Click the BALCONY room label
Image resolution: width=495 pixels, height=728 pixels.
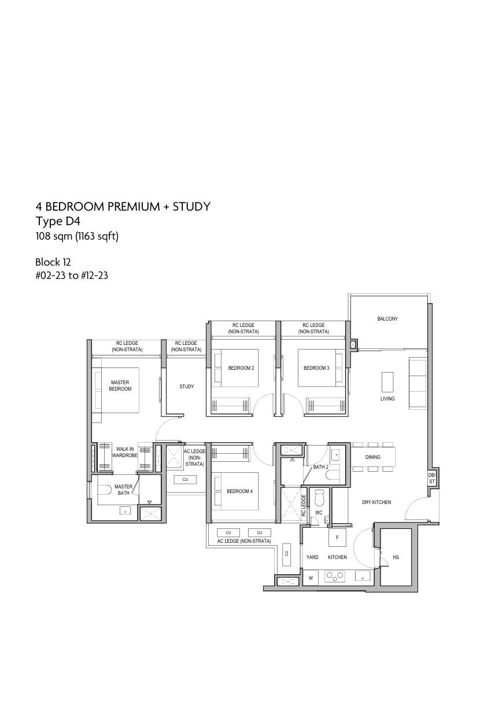coord(387,319)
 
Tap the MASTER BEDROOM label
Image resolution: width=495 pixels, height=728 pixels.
coord(120,385)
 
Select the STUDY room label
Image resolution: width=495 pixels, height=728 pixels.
coord(186,387)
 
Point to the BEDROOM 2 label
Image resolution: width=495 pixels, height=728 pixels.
coord(241,368)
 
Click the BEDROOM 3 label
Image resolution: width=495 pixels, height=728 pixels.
coord(316,368)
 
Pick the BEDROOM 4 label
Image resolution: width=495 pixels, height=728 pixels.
coord(239,491)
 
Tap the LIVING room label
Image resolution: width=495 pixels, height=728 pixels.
coord(387,399)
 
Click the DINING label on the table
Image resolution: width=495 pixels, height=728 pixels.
coord(372,457)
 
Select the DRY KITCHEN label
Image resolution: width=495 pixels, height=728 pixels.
coord(376,502)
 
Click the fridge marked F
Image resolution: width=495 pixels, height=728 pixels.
coord(337,538)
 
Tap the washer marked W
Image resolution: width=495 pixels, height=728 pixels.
coord(311,578)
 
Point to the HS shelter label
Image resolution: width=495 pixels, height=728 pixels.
coord(396,557)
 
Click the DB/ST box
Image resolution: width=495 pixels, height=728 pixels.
coord(432,479)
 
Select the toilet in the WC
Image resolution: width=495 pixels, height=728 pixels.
coord(319,497)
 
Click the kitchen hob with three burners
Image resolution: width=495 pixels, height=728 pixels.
coord(335,576)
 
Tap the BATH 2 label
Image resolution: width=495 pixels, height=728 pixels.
coord(320,467)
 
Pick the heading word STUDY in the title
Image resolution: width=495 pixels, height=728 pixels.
coord(191,207)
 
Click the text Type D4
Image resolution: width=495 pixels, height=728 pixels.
coord(58,221)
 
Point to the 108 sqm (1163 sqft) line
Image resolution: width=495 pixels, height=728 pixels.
coord(77,236)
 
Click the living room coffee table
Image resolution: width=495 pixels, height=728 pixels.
coord(387,382)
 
